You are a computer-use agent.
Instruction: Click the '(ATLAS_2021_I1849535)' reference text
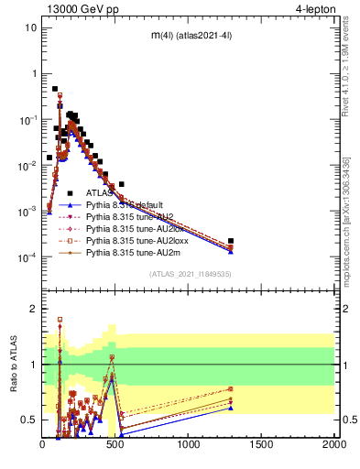(x=189, y=274)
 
